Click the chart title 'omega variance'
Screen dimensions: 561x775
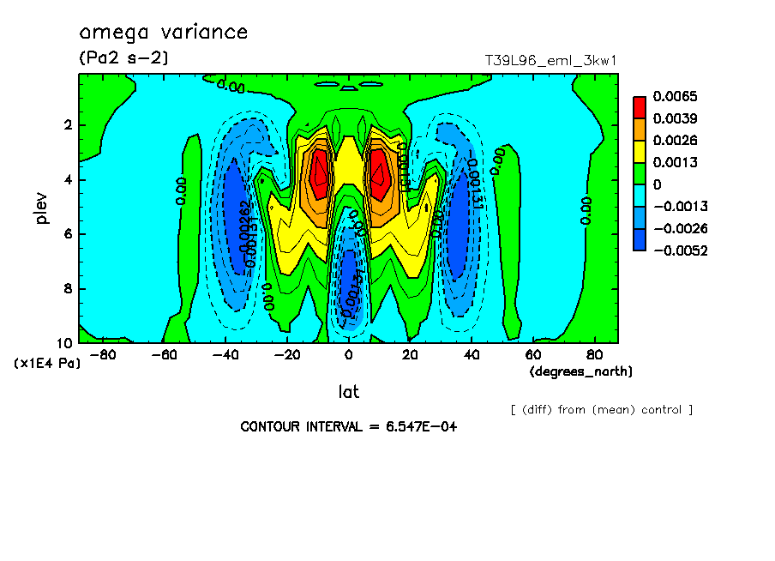tap(163, 33)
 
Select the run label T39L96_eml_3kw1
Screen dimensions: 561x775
tap(551, 60)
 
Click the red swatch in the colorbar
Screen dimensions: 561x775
tap(640, 106)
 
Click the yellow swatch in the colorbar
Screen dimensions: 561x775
tap(640, 151)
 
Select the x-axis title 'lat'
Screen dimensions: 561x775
tap(348, 392)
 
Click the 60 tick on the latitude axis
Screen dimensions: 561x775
tap(533, 354)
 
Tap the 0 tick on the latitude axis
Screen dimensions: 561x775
tap(348, 354)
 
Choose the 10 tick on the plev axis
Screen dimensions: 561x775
tap(66, 343)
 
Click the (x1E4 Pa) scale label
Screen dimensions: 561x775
tap(47, 364)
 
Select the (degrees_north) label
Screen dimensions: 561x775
tap(581, 371)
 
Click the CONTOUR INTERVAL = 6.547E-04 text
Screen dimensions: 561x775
tap(348, 426)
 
